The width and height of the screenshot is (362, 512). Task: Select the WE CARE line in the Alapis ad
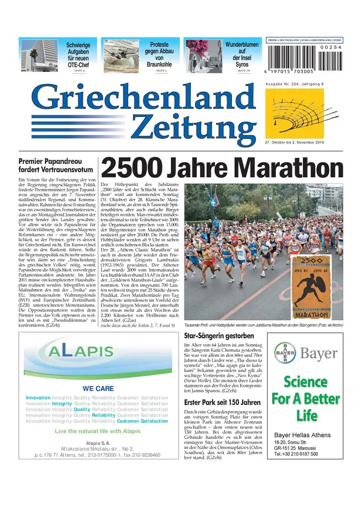tap(98, 389)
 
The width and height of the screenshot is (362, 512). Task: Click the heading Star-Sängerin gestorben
tap(218, 336)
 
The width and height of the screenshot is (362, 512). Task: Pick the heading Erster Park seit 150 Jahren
tap(222, 403)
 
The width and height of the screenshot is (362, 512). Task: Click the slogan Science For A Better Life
tap(306, 399)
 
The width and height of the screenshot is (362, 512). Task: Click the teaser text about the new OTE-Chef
tap(78, 57)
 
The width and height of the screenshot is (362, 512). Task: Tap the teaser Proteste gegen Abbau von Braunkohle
tap(159, 54)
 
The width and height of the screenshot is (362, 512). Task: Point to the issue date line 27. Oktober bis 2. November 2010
tap(294, 142)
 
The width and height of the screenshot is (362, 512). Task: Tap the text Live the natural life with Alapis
tap(98, 431)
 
